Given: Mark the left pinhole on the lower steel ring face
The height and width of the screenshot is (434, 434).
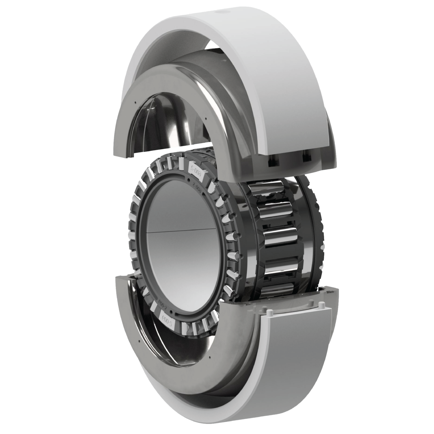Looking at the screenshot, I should (x=139, y=342).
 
